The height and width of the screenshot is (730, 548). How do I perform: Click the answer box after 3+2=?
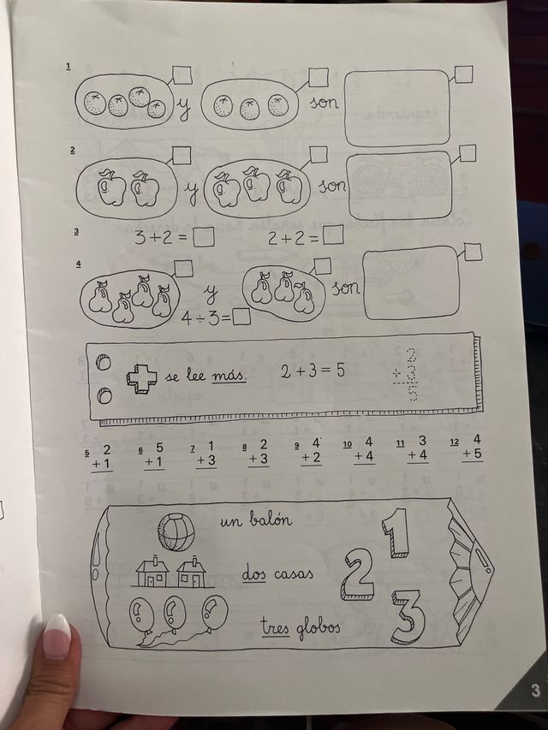click(x=204, y=239)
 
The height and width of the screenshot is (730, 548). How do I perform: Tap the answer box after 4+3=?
click(x=241, y=318)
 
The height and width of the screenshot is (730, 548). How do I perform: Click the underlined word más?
click(x=229, y=376)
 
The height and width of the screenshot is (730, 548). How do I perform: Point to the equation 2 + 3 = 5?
click(x=313, y=371)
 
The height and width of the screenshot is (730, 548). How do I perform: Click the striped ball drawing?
click(x=176, y=531)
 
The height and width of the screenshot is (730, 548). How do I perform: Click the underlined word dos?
click(x=253, y=574)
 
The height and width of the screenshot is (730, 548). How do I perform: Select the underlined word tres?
click(x=277, y=628)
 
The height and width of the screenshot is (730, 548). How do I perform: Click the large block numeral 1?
click(x=396, y=531)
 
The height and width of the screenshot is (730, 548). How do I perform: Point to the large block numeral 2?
click(x=359, y=574)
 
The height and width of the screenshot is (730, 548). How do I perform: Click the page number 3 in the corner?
click(x=535, y=690)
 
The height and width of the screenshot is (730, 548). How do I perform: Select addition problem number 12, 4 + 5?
click(x=472, y=447)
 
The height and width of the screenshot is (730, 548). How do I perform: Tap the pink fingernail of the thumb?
click(x=57, y=636)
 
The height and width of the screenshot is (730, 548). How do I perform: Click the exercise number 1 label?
click(x=68, y=66)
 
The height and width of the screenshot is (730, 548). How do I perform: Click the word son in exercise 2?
click(x=332, y=184)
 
